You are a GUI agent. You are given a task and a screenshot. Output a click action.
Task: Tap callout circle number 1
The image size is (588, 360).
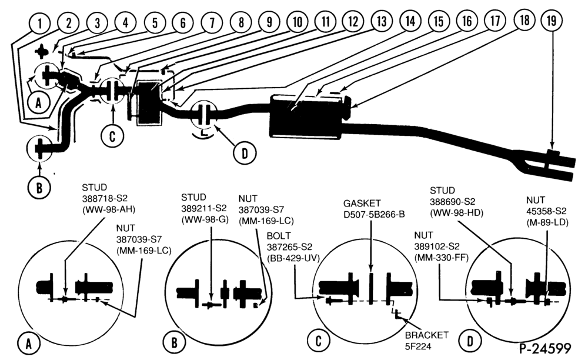[39, 24]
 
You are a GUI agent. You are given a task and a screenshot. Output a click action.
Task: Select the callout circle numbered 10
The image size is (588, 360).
[298, 22]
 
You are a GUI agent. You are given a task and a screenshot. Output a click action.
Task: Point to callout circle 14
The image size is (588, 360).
[410, 21]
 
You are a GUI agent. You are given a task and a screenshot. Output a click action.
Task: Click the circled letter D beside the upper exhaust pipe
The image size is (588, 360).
[244, 153]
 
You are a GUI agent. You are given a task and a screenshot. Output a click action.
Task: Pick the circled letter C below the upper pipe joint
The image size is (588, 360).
[112, 136]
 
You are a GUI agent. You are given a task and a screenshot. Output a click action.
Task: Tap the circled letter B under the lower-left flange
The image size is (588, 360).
[39, 187]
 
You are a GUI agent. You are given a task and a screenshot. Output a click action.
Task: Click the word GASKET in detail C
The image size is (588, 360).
[362, 204]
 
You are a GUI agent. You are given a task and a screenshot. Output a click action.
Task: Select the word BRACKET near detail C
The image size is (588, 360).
[427, 335]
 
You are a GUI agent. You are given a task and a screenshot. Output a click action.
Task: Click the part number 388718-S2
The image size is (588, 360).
[105, 198]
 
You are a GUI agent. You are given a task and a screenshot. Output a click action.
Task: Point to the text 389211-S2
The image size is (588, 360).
[203, 208]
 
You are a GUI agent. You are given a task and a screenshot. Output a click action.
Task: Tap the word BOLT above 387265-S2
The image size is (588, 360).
[279, 236]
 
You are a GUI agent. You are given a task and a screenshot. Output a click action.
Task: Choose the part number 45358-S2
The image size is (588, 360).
[546, 211]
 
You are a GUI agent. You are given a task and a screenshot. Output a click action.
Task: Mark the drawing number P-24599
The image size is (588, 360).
[545, 348]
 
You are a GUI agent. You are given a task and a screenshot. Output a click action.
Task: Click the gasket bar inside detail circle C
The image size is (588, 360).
[371, 288]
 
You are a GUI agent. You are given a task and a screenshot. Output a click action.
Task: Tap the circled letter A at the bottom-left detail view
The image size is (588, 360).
[28, 344]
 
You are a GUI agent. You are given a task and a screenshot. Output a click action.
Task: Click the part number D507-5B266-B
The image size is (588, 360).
[374, 215]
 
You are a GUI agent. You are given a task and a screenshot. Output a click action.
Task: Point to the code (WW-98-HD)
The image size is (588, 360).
[456, 213]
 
